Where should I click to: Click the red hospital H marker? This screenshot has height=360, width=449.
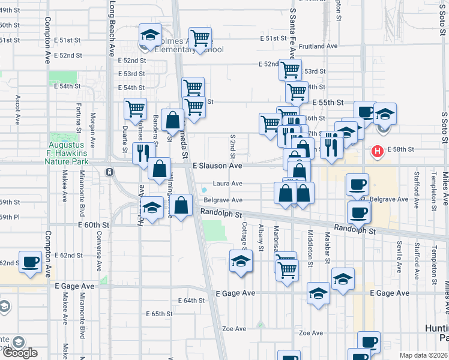pyautogui.click(x=378, y=151)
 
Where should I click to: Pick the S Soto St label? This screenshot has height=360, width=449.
pyautogui.click(x=444, y=127)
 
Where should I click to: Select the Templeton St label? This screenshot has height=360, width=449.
pyautogui.click(x=433, y=188)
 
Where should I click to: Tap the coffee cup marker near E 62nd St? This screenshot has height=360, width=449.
pyautogui.click(x=30, y=261)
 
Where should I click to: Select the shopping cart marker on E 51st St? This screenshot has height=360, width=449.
pyautogui.click(x=200, y=38)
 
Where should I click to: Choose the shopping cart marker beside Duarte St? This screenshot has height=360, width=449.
pyautogui.click(x=136, y=109)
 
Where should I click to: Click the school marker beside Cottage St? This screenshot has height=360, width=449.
pyautogui.click(x=241, y=261)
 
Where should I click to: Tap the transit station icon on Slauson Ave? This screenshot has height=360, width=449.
pyautogui.click(x=109, y=172)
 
